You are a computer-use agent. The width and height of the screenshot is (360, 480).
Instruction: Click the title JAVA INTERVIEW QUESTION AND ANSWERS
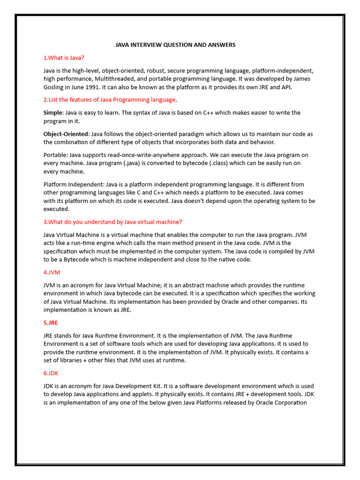point(175,45)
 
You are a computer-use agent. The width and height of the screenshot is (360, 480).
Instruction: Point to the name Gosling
point(55,87)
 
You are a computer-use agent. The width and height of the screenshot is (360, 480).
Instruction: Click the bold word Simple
point(52,112)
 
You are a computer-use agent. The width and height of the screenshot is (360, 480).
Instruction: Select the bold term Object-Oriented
point(66,134)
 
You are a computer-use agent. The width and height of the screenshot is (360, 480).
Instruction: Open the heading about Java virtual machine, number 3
point(112,222)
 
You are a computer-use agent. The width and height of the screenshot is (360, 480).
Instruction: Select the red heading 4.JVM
point(52,272)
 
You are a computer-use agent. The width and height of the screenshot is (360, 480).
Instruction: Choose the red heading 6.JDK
point(51,373)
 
